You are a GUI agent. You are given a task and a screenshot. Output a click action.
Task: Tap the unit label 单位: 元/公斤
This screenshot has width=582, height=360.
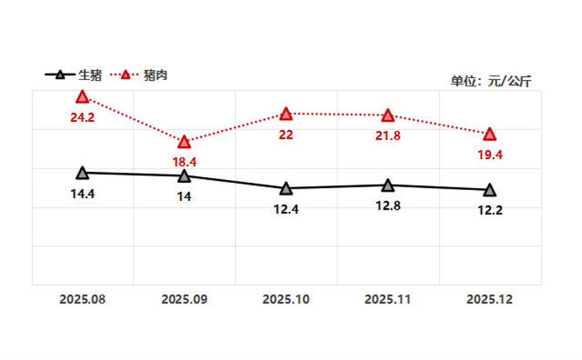pyautogui.click(x=491, y=81)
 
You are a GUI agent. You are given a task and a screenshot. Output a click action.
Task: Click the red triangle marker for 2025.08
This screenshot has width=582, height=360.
pyautogui.click(x=83, y=97)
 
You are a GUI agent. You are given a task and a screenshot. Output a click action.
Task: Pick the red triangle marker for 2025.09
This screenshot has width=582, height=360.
pyautogui.click(x=184, y=142)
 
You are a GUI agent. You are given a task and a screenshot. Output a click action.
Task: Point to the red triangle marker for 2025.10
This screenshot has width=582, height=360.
pyautogui.click(x=286, y=113)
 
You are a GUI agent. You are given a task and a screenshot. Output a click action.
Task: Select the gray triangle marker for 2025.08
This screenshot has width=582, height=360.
pyautogui.click(x=83, y=173)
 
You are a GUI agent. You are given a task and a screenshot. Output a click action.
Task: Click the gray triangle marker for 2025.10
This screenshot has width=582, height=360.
pyautogui.click(x=286, y=188)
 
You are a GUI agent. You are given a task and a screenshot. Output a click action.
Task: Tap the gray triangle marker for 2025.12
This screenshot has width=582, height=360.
pyautogui.click(x=490, y=190)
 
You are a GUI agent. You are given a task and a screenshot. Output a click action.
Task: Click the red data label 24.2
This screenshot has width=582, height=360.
pyautogui.click(x=83, y=117)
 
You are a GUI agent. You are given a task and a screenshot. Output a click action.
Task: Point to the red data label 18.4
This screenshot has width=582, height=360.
pyautogui.click(x=184, y=162)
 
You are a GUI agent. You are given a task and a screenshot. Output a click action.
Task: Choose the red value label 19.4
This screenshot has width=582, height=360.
pyautogui.click(x=490, y=155)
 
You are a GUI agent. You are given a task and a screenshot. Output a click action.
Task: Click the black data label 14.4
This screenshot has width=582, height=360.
pyautogui.click(x=83, y=194)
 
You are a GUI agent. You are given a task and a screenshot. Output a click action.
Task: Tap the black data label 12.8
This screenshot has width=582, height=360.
pyautogui.click(x=388, y=205)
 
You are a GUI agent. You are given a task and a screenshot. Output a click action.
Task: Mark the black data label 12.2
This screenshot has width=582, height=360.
pyautogui.click(x=490, y=210)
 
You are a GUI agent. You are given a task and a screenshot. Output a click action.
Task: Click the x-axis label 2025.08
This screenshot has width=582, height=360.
pyautogui.click(x=83, y=300)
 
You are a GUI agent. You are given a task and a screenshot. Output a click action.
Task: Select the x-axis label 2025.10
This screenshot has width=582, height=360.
pyautogui.click(x=286, y=300)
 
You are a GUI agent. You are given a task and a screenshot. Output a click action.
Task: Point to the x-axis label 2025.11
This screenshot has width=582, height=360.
pyautogui.click(x=388, y=300)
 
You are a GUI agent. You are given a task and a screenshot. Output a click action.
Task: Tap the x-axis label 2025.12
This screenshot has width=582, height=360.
pyautogui.click(x=490, y=300)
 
